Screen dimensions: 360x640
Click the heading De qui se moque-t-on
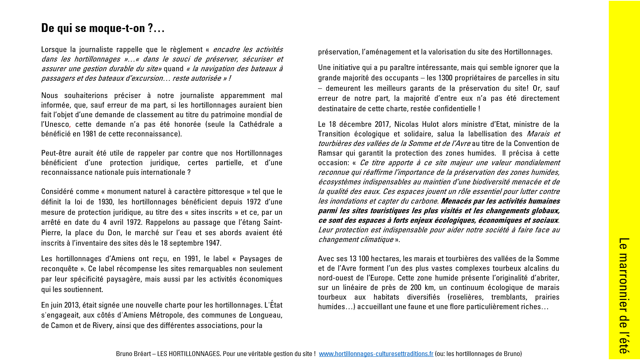pos(103,28)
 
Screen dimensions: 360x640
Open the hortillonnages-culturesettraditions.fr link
pos(376,354)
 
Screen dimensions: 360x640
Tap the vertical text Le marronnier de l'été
pos(624,296)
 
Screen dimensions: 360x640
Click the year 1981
pos(90,134)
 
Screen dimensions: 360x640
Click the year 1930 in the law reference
pos(105,202)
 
